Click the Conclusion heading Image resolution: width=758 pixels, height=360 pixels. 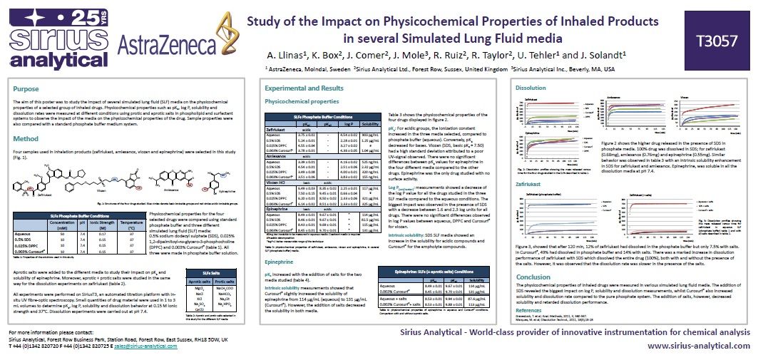tap(533, 277)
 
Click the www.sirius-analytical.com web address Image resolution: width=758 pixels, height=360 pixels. tap(697, 346)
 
